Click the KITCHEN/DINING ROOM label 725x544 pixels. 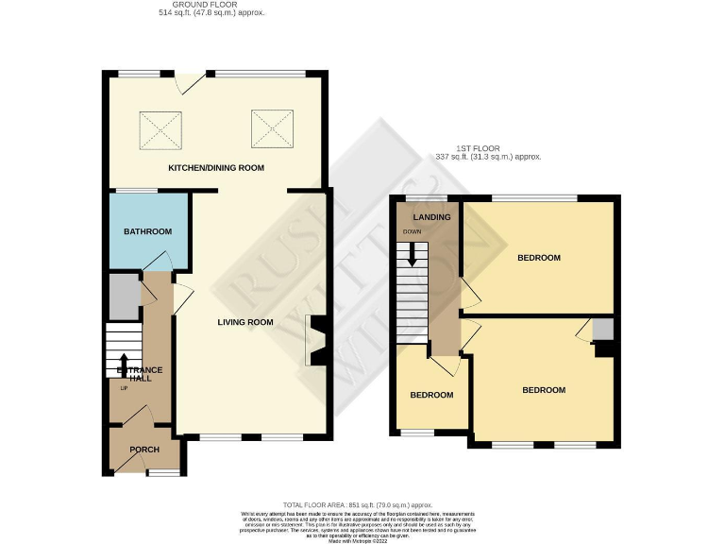point(216,167)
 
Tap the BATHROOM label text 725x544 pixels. point(147,231)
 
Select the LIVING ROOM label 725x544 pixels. point(244,322)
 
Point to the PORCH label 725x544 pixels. point(144,449)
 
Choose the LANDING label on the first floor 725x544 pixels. point(431,218)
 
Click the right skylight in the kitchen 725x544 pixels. point(267,126)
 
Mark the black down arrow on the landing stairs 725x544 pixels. point(412,255)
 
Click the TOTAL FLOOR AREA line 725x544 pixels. point(362,505)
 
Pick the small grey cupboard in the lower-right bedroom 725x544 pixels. point(603,329)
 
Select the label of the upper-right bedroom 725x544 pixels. point(539,257)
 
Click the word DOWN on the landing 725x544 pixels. point(413,231)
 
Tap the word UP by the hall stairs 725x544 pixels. point(124,387)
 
